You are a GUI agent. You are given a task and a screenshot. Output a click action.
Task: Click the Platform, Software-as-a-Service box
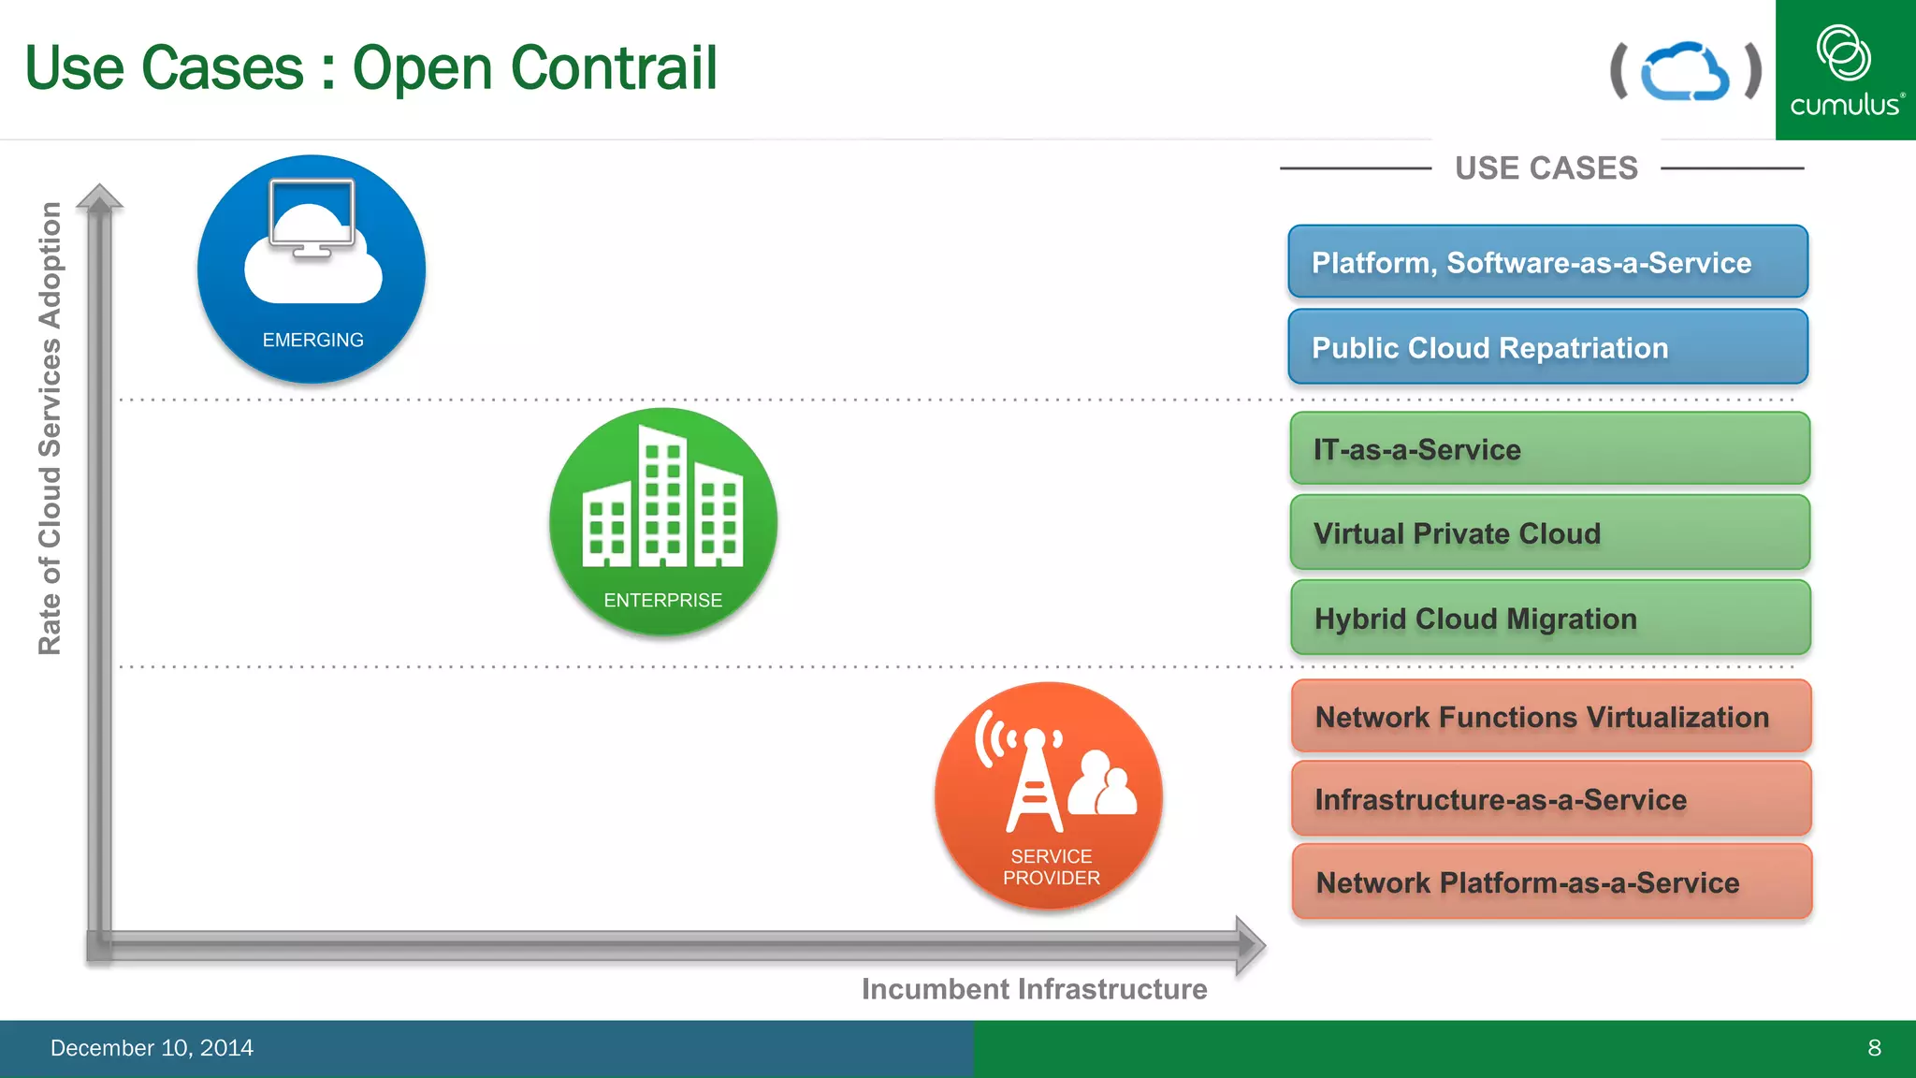[1547, 262]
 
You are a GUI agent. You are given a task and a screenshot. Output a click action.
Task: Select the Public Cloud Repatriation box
[1547, 347]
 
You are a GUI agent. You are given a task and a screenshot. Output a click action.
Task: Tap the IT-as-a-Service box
[1549, 449]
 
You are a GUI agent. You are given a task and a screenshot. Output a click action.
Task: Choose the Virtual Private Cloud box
[1549, 533]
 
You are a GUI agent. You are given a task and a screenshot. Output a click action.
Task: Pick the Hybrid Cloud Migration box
[1549, 619]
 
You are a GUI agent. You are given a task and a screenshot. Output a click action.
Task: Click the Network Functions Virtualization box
[1550, 717]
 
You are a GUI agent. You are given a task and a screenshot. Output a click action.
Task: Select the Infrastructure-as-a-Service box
[1550, 799]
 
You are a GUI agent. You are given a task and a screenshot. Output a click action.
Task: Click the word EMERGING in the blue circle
[312, 341]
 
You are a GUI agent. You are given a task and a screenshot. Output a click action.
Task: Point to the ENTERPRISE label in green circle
[662, 601]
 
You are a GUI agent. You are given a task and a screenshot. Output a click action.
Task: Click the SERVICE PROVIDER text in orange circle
[1051, 867]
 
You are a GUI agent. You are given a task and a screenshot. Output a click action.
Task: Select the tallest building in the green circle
[662, 496]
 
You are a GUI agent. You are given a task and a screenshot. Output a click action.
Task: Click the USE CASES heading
[1546, 168]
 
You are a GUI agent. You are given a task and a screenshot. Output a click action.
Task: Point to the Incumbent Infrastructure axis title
[1034, 989]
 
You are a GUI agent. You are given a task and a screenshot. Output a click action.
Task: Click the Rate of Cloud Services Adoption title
[50, 428]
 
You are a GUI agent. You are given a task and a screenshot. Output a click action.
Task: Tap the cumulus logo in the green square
[1845, 70]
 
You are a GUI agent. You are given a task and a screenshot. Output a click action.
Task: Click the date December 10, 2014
[152, 1048]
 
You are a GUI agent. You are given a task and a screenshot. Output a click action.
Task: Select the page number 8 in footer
[1874, 1048]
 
